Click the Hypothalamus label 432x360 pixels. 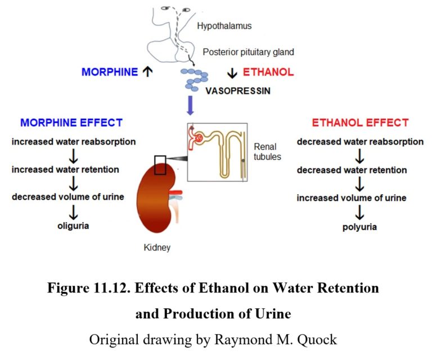(x=224, y=26)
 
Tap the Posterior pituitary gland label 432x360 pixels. (x=248, y=52)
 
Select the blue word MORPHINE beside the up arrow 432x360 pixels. (x=110, y=72)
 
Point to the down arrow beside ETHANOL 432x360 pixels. (x=232, y=73)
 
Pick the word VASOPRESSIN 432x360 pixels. (x=237, y=90)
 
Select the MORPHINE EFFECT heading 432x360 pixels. (x=71, y=123)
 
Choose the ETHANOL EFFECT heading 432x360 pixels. (x=360, y=123)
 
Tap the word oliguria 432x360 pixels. (x=74, y=226)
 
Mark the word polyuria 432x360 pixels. (x=360, y=227)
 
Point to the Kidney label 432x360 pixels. (x=157, y=246)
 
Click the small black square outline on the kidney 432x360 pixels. (x=160, y=166)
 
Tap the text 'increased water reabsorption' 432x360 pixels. (x=74, y=142)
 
